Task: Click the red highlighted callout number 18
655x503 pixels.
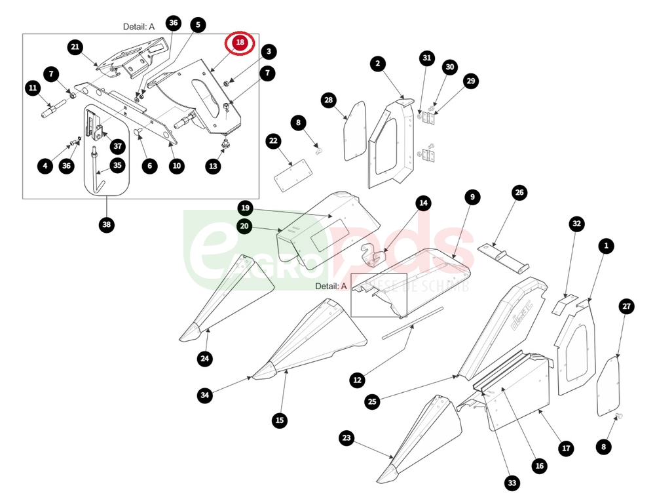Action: tap(240, 43)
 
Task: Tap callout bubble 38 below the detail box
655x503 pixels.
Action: tap(107, 225)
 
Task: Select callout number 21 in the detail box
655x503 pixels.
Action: tap(75, 47)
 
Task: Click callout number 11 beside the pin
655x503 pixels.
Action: tap(32, 87)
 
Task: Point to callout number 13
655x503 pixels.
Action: tap(214, 167)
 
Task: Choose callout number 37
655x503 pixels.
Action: tap(117, 146)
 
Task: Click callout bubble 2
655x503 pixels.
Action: tap(377, 64)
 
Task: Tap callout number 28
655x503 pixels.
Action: tap(329, 100)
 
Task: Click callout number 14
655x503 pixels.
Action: tap(424, 203)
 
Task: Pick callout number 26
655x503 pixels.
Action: tap(519, 193)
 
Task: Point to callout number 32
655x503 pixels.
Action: tap(576, 224)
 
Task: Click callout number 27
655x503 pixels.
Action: tap(627, 306)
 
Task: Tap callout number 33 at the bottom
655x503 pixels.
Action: tap(512, 483)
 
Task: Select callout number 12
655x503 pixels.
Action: tap(357, 379)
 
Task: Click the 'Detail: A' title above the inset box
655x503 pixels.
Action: tap(139, 27)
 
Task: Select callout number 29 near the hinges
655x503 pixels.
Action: tap(471, 81)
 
